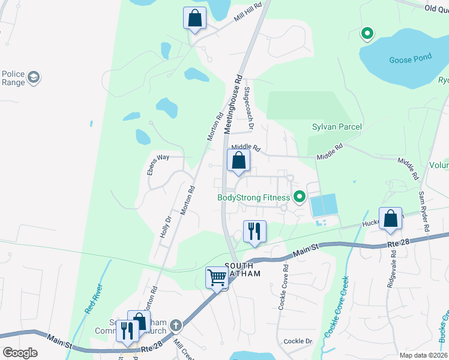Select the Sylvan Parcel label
(337, 127)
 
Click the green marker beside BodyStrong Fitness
(298, 197)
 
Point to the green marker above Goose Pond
(366, 34)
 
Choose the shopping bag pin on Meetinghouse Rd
(238, 161)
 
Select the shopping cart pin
(217, 278)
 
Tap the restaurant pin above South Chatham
(255, 231)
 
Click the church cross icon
(175, 325)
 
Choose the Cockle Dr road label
(298, 341)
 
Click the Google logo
(20, 353)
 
